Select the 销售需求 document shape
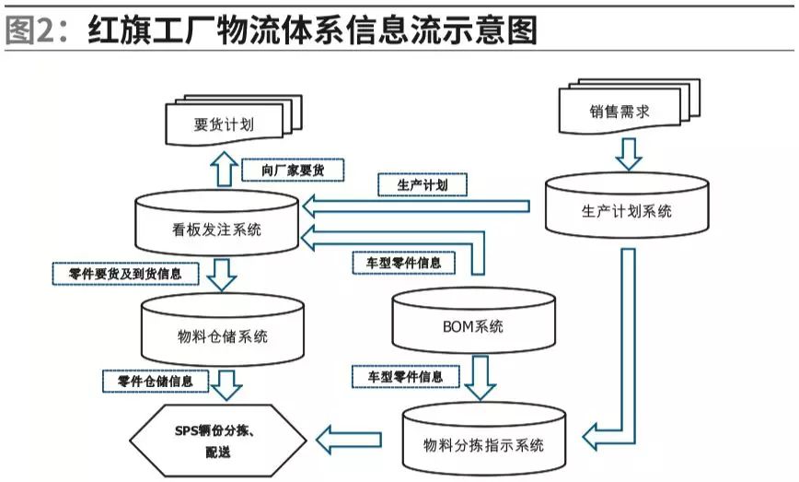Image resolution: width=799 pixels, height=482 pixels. [x=619, y=112]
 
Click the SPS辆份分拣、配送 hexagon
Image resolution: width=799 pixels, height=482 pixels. [x=215, y=439]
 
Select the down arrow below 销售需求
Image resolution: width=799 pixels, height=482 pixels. [x=629, y=153]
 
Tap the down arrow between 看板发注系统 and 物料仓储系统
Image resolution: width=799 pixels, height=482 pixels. [x=221, y=275]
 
